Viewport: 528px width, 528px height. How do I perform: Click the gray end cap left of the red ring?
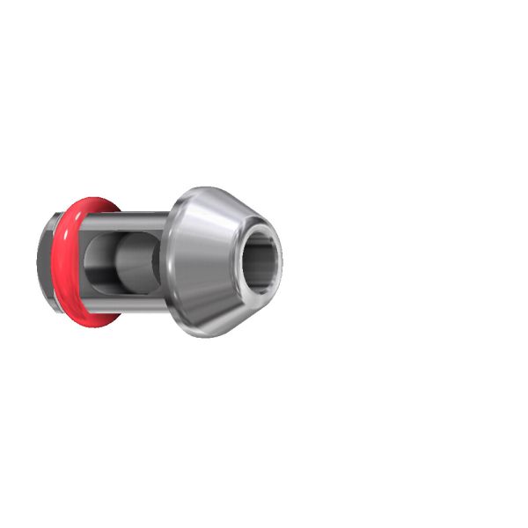[44, 261]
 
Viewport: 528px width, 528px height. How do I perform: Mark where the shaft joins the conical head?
[165, 261]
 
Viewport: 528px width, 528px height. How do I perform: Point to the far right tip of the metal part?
[282, 261]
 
